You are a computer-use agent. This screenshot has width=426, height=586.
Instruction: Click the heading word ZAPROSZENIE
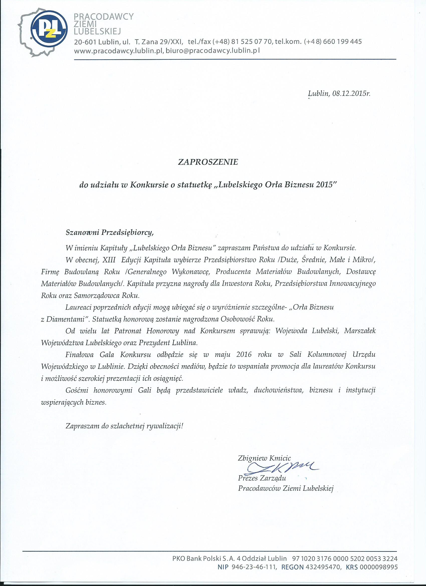pos(208,162)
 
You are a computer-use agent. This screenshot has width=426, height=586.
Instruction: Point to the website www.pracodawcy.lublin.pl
pos(118,51)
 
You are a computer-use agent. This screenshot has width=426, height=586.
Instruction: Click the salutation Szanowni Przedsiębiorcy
pos(110,233)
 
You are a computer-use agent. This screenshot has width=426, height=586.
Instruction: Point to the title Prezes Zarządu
pos(262,478)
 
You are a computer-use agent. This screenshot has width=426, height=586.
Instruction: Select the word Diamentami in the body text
pos(66,319)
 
